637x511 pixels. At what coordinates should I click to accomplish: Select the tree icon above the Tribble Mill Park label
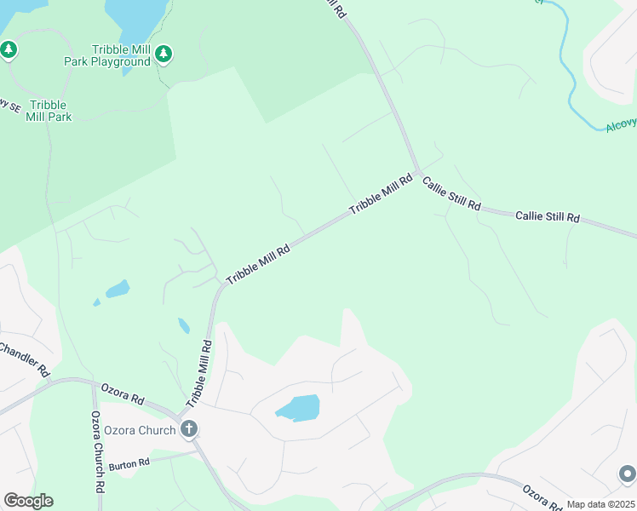coord(9,50)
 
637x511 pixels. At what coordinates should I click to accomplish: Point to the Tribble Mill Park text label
coord(50,111)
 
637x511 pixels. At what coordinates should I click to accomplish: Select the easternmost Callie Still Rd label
coord(548,217)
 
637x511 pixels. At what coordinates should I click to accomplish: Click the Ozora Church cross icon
coord(189,429)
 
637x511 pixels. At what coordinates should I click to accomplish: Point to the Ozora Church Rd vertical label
coord(98,452)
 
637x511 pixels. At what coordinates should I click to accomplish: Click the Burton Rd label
coord(129,463)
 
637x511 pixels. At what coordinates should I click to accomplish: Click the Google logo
coord(28,501)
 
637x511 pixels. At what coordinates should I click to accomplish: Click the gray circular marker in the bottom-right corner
coord(627,474)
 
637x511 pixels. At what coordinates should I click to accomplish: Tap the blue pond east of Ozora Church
coord(297,408)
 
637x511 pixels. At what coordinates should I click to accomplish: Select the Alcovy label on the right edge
coord(622,124)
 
